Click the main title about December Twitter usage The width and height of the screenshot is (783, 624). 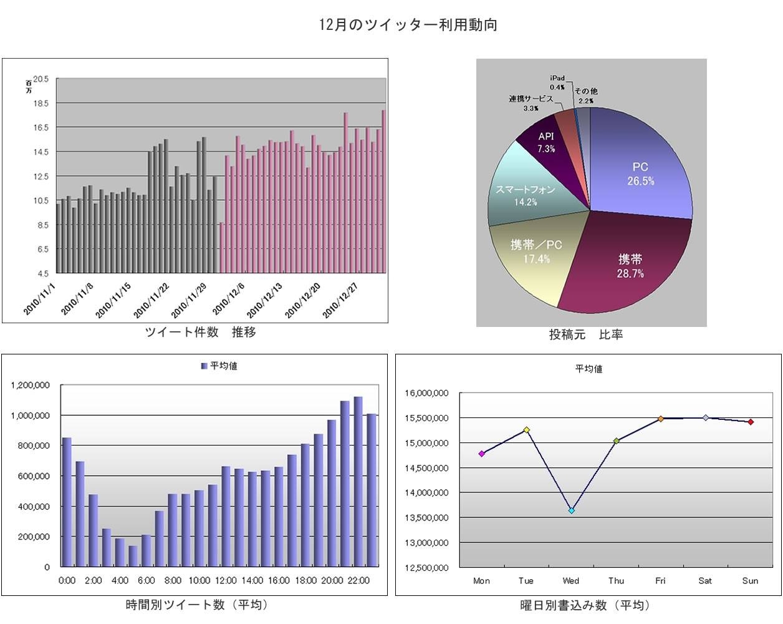(x=408, y=25)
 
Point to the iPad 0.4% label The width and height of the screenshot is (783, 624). (x=557, y=82)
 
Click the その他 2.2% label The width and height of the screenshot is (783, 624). (x=585, y=95)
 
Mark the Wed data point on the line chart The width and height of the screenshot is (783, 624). (x=571, y=510)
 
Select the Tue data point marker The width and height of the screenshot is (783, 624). (x=527, y=430)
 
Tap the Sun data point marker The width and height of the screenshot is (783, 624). (x=751, y=422)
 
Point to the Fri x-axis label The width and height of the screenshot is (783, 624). (x=660, y=581)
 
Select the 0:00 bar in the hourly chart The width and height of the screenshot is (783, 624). (x=67, y=502)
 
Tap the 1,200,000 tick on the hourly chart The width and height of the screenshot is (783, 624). (x=31, y=386)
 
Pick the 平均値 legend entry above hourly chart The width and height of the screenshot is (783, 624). (x=219, y=366)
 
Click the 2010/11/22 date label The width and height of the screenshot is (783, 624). (x=151, y=300)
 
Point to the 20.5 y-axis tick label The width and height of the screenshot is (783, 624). (x=41, y=79)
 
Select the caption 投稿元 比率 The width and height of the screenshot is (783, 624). (x=585, y=334)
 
